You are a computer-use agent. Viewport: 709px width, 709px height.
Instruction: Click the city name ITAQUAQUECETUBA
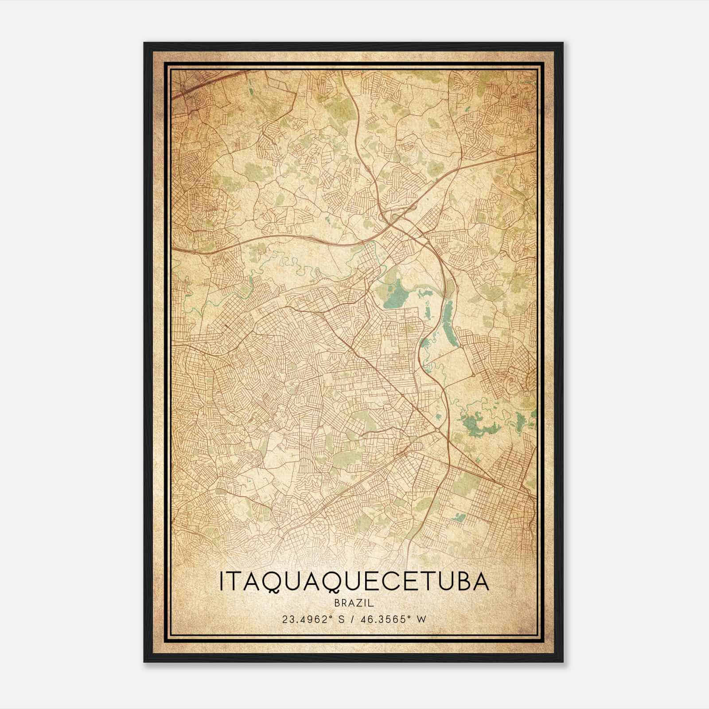click(354, 582)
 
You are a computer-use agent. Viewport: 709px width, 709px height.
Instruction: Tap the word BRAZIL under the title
click(354, 603)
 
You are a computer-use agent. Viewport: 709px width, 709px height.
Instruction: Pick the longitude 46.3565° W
click(390, 619)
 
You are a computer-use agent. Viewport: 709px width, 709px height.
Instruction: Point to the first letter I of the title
click(222, 582)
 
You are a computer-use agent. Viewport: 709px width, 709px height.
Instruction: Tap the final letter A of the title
click(481, 582)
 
